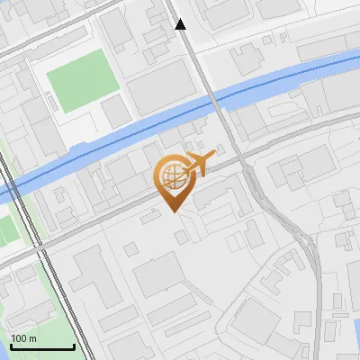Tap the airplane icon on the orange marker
coord(199,164)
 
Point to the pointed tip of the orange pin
coord(175,211)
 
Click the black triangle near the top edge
coord(181,24)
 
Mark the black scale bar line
coord(42,346)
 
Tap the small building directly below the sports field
coord(114,111)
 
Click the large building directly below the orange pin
coord(160,274)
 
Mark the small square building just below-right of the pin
coord(183,237)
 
